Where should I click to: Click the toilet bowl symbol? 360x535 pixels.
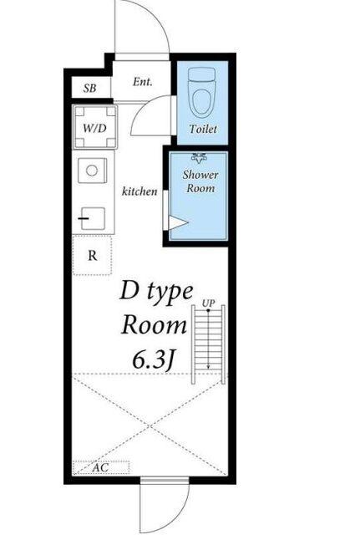202,92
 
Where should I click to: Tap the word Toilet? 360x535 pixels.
203,129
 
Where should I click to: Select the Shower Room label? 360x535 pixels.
200,181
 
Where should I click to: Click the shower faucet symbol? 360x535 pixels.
199,158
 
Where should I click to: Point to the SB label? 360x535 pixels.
89,89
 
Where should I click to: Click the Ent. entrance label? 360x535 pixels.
143,82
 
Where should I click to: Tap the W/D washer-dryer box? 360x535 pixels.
95,127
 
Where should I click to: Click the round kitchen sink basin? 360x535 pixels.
92,171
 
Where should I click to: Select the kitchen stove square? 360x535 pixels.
93,218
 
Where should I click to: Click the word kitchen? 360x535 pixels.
139,191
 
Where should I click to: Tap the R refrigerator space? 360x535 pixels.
93,255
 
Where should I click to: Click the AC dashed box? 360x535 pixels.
101,467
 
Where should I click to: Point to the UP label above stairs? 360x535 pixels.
208,303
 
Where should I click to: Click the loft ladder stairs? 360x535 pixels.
208,344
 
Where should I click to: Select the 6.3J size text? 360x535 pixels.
154,360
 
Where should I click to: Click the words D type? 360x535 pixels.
156,292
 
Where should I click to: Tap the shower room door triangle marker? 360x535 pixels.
178,223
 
